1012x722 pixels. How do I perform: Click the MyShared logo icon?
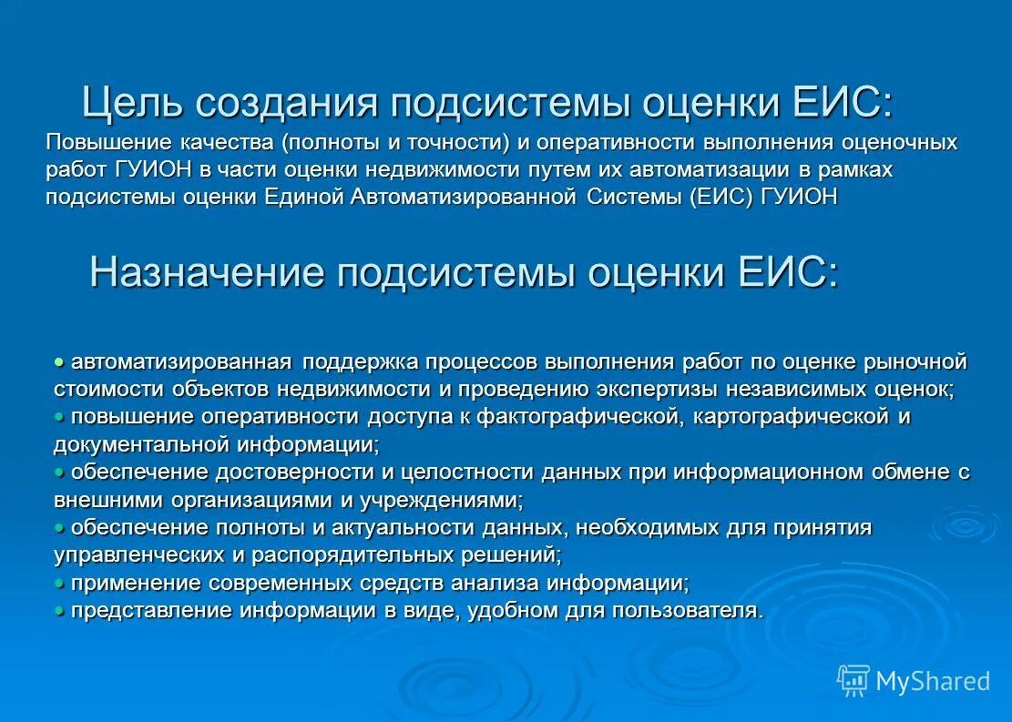click(853, 680)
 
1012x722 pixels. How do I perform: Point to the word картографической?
click(791, 417)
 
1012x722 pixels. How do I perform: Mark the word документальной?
click(143, 445)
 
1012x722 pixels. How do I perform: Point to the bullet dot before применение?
click(60, 583)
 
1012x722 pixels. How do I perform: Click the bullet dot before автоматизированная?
click(60, 362)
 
